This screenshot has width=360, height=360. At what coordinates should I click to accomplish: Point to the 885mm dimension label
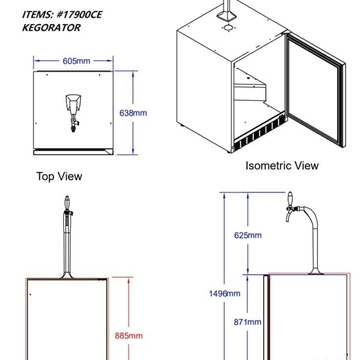point(128,335)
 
